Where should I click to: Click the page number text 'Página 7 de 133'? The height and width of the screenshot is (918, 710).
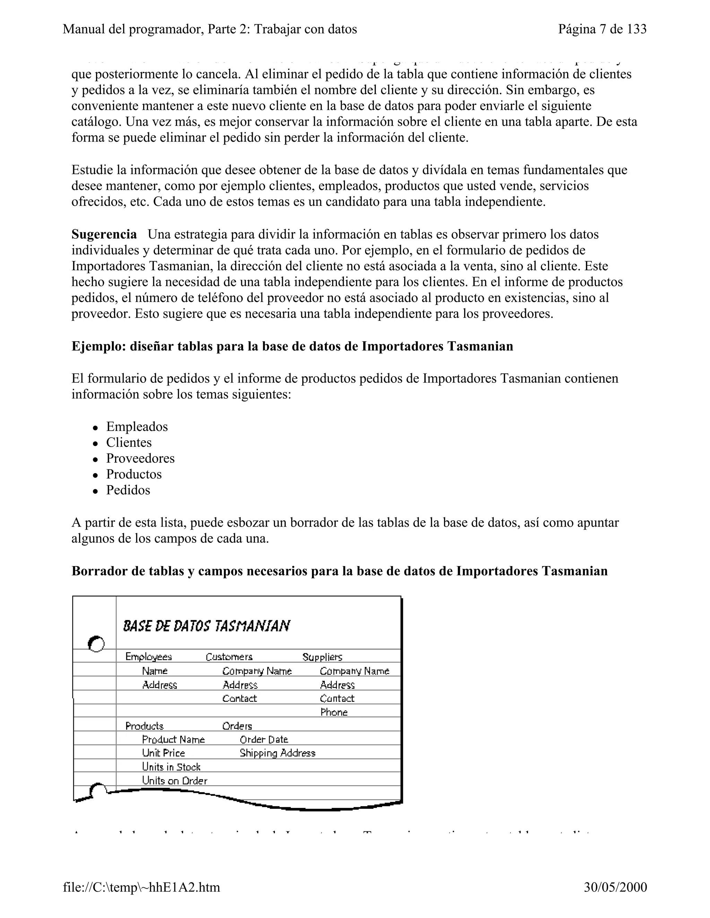[x=602, y=29]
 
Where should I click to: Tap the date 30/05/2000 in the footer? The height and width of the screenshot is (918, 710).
[x=615, y=887]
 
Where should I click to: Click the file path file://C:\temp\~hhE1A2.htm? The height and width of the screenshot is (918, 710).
[x=141, y=887]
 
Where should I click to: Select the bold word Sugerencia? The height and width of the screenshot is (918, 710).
[x=104, y=234]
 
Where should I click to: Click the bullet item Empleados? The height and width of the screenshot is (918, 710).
[x=137, y=427]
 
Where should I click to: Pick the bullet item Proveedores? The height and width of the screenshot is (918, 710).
[x=140, y=458]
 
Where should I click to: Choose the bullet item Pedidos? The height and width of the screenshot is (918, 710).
[x=128, y=490]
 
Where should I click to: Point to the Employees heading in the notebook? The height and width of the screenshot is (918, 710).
[x=148, y=656]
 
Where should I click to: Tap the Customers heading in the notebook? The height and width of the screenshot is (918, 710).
[x=229, y=656]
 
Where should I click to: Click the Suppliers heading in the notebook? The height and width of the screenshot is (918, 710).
[x=322, y=656]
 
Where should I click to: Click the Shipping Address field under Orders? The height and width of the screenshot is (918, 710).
[x=277, y=753]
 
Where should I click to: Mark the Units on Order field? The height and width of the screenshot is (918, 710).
[x=175, y=780]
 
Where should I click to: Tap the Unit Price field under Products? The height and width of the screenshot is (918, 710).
[x=163, y=753]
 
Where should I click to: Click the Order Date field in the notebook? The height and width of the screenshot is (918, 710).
[x=264, y=739]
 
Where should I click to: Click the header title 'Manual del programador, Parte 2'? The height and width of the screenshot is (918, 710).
[x=209, y=29]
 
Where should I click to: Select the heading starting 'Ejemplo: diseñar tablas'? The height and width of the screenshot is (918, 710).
[x=292, y=346]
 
